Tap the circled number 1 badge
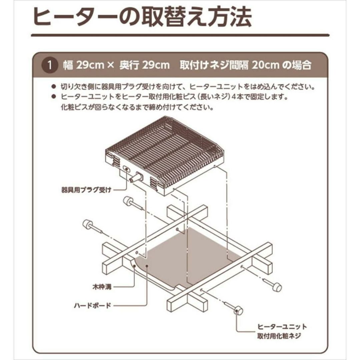49,65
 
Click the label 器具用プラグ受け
87,190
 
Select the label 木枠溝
102,287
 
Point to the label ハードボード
93,306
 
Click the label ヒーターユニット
282,326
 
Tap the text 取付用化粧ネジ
279,336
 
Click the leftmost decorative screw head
87,225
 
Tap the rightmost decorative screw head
277,287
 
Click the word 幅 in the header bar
68,65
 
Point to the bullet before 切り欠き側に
54,87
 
